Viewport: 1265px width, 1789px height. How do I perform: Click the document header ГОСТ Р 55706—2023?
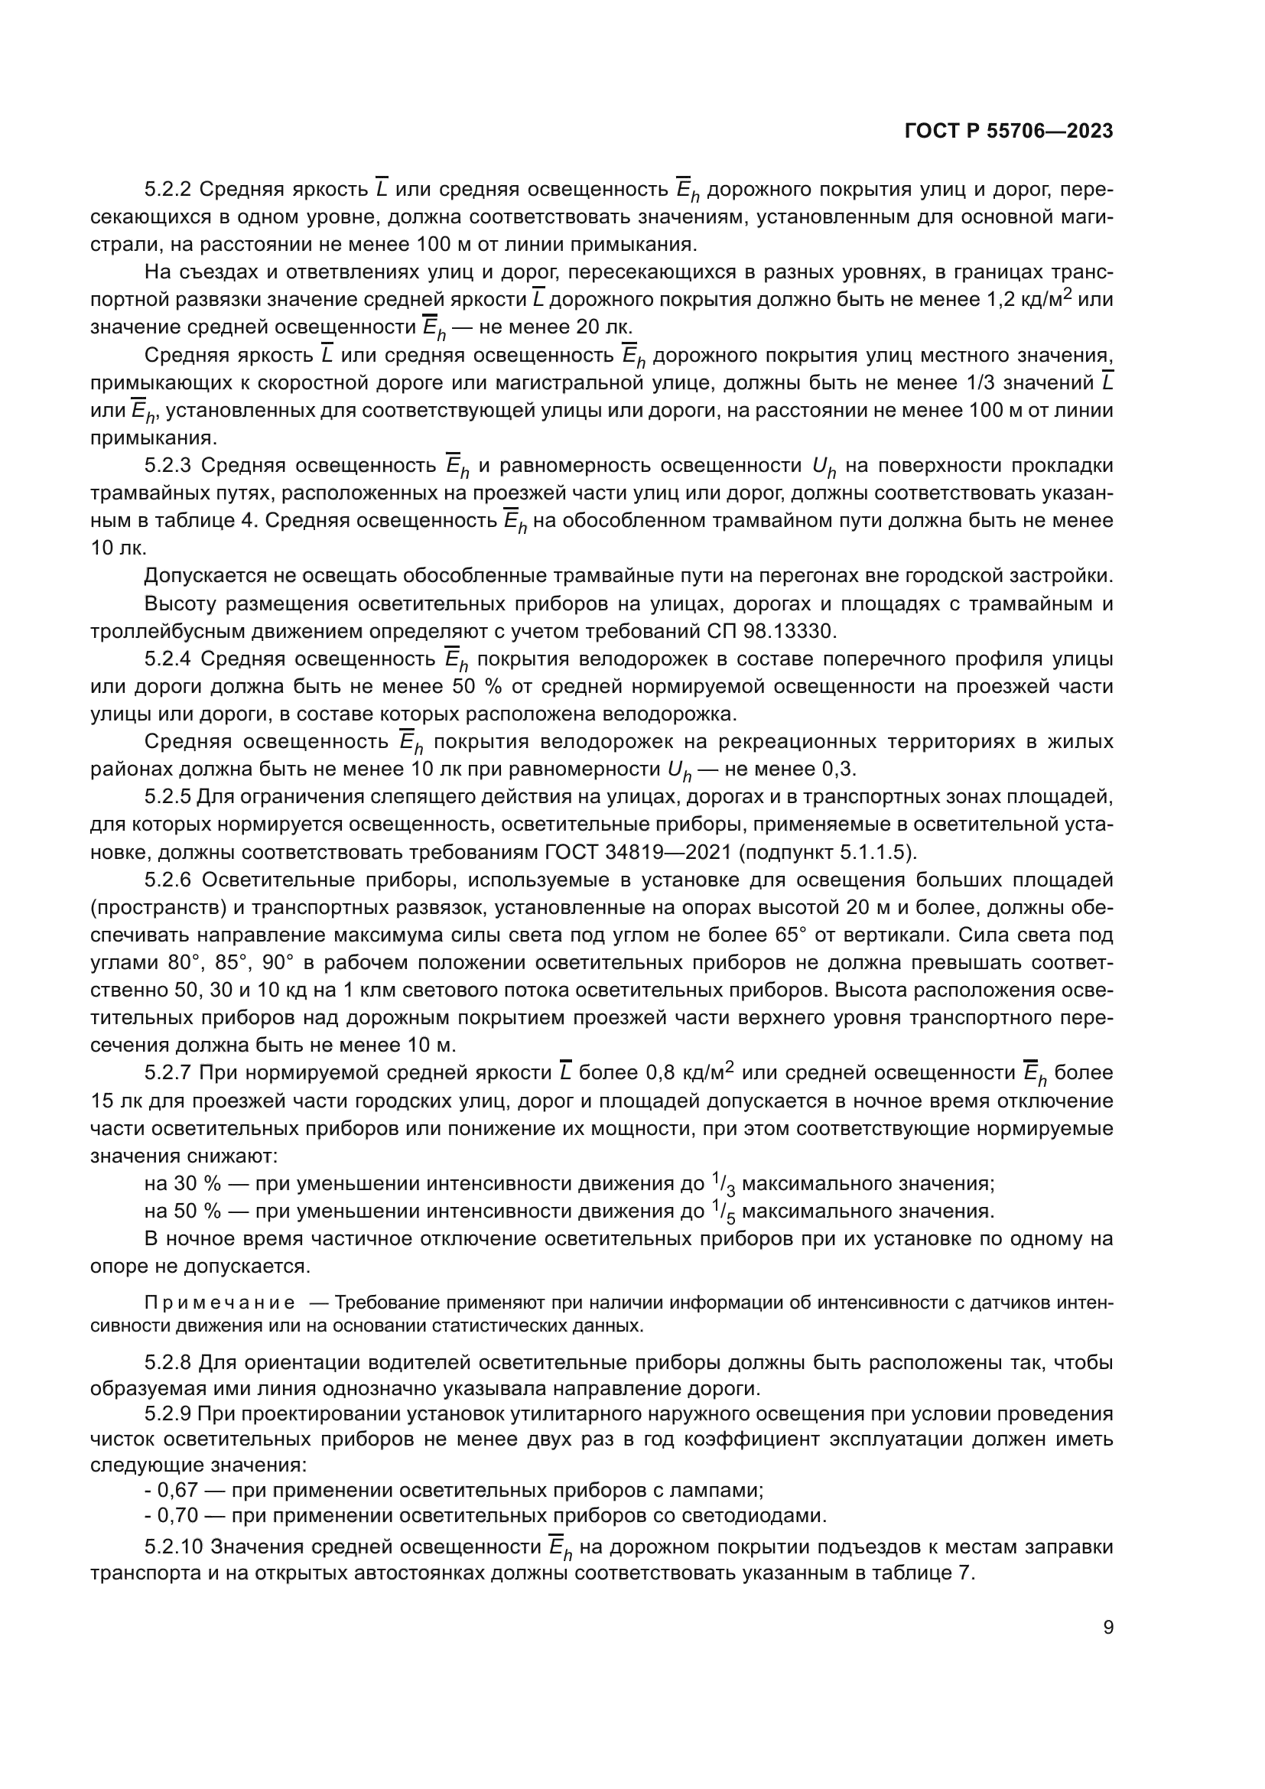(x=1009, y=132)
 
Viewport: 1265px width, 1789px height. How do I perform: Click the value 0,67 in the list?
(x=177, y=1491)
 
